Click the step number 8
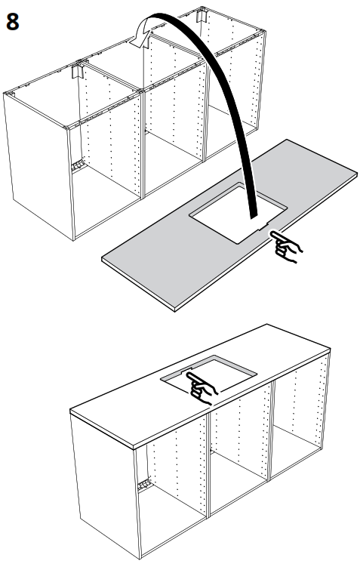(13, 20)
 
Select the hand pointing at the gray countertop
(286, 246)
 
